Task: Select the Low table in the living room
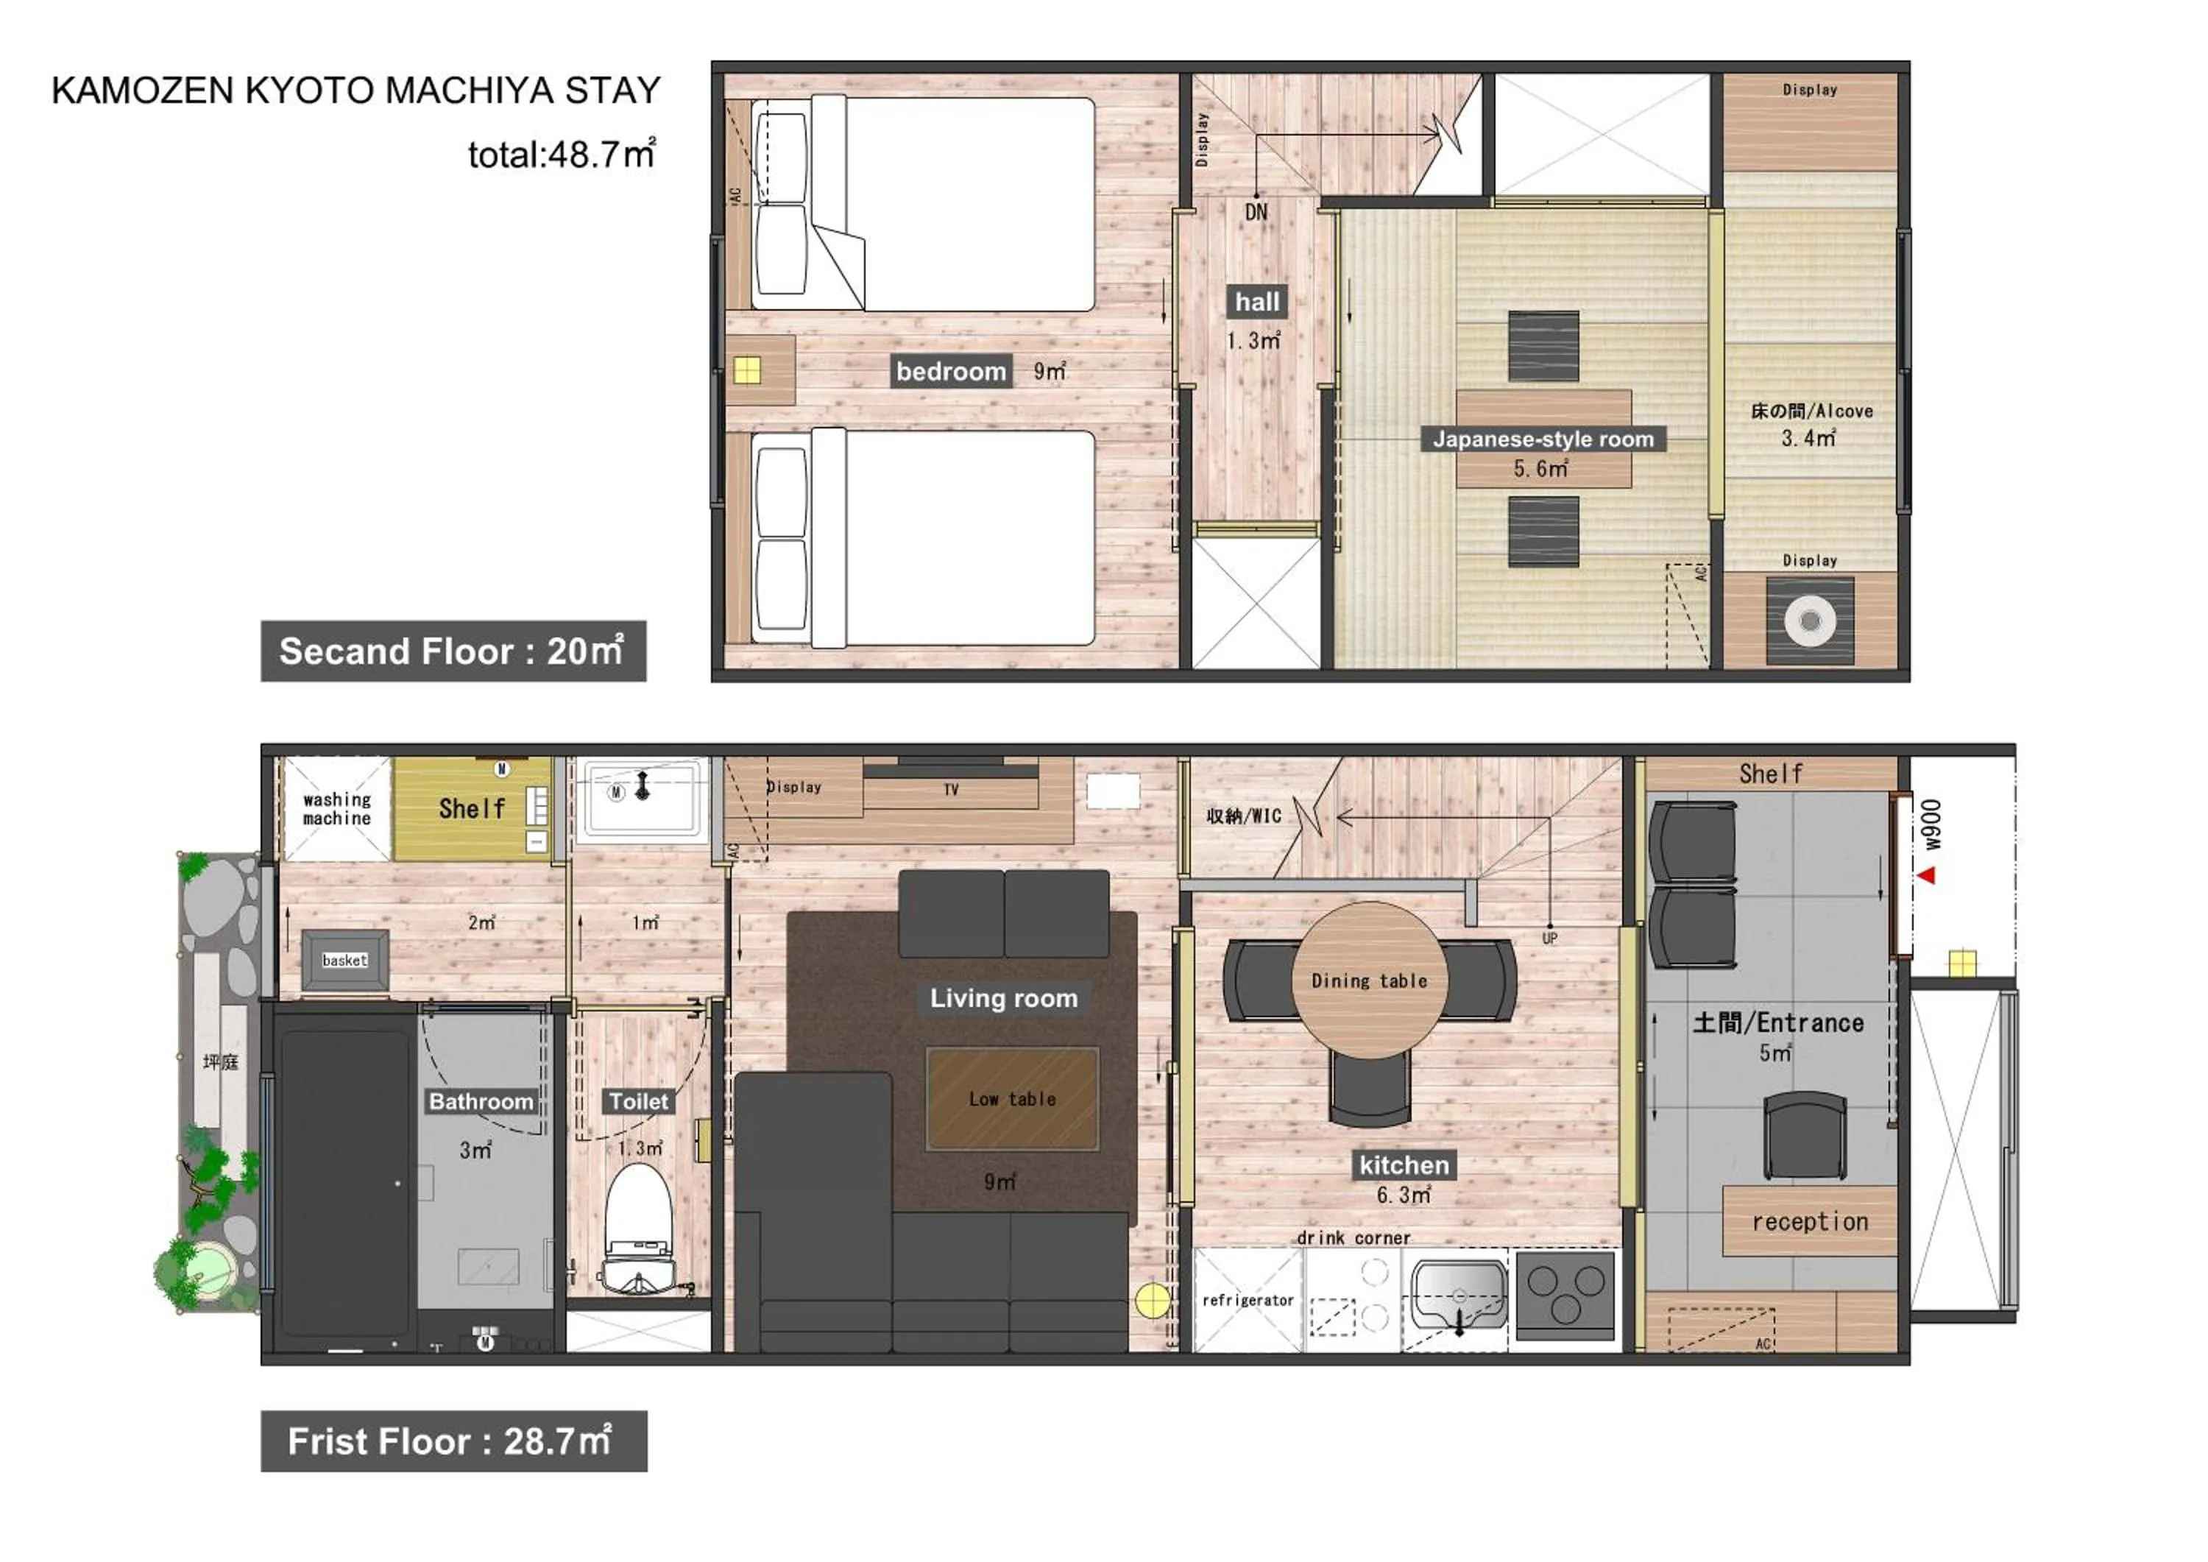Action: (1012, 1098)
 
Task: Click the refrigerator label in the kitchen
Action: (1248, 1301)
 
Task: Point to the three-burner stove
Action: (1565, 1293)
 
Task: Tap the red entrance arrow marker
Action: (1925, 875)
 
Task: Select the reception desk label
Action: (1809, 1221)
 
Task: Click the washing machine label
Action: (336, 809)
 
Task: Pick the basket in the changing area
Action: (345, 960)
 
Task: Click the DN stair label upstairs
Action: (1256, 211)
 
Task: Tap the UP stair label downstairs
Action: (1549, 938)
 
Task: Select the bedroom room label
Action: (950, 371)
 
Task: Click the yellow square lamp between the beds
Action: (747, 370)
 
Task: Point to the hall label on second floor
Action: (1257, 302)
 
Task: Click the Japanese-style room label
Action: (1543, 439)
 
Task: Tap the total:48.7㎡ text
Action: (562, 154)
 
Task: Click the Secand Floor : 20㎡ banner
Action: (453, 651)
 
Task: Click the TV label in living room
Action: (950, 790)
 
